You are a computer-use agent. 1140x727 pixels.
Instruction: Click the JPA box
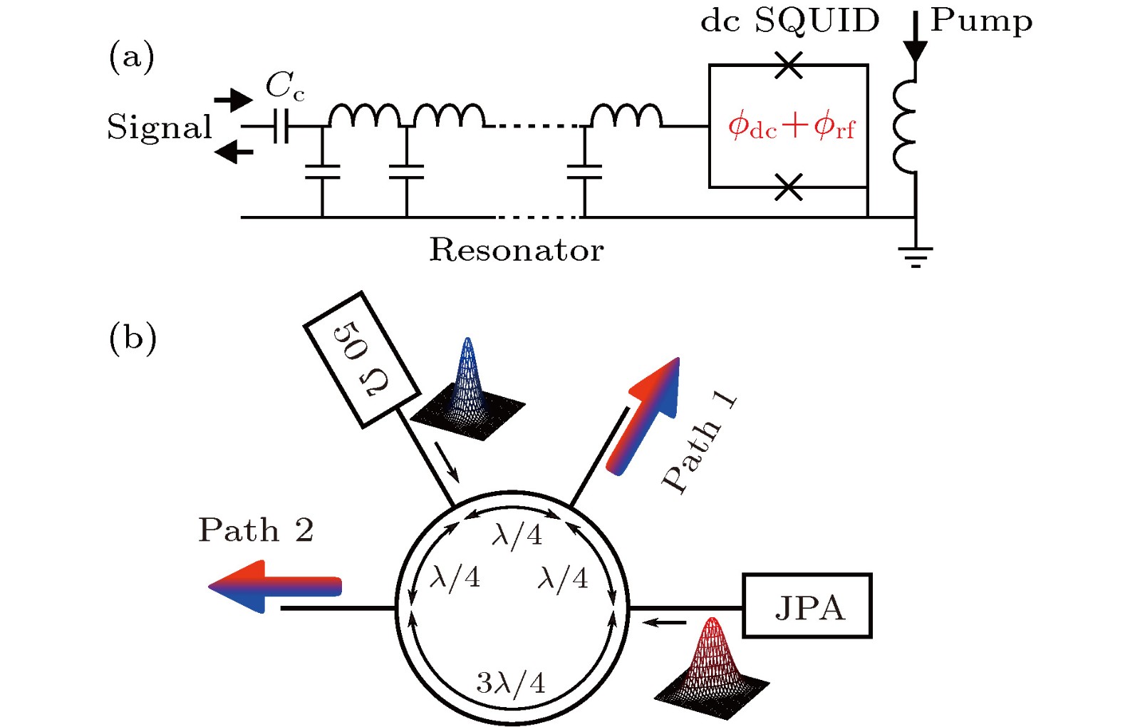coord(807,606)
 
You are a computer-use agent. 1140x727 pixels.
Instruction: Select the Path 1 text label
coord(698,443)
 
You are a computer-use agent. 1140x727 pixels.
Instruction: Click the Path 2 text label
coord(256,530)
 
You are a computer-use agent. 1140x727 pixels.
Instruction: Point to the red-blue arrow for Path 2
coord(275,587)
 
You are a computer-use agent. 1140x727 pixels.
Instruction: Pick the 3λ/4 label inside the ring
coord(510,683)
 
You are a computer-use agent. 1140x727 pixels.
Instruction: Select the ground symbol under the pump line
coord(916,255)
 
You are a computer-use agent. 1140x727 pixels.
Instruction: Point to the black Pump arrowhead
coord(915,51)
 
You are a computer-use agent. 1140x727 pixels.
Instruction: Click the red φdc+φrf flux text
coord(790,126)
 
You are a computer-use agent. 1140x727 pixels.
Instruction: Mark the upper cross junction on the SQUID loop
coord(788,65)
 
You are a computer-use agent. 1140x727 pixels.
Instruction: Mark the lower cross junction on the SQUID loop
coord(788,187)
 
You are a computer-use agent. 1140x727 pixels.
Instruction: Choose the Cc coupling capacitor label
coord(285,86)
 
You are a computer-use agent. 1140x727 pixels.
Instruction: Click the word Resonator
coord(516,250)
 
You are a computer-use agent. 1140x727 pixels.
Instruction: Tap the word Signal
coord(160,128)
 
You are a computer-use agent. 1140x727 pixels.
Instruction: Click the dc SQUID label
coord(789,21)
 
